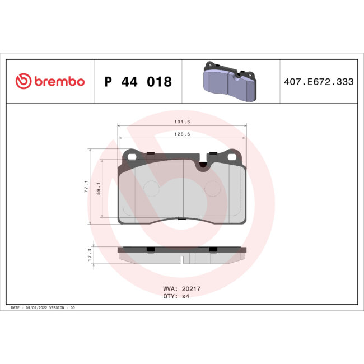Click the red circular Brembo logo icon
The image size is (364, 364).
click(x=22, y=82)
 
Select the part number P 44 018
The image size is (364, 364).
click(x=138, y=82)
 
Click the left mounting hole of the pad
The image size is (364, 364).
click(x=132, y=157)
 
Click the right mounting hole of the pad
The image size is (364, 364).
click(x=230, y=157)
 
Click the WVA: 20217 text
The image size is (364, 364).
click(x=178, y=289)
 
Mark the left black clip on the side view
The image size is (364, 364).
click(x=150, y=249)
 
